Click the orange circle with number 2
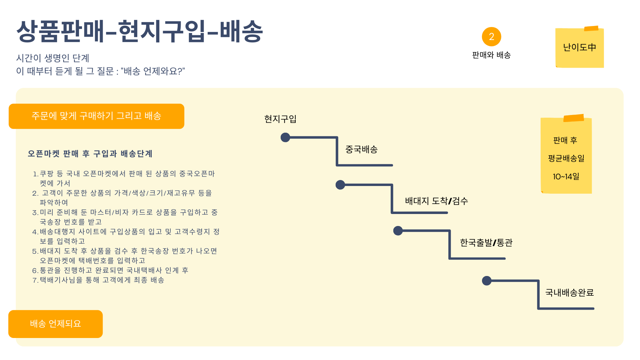[491, 37]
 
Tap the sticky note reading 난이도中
[580, 48]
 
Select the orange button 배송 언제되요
[55, 324]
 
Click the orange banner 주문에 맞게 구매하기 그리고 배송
[96, 116]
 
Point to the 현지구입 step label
[280, 119]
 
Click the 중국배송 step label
[361, 149]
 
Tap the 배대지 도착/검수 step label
[436, 201]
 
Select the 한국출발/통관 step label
[486, 243]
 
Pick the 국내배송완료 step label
[569, 293]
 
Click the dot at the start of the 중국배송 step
[285, 137]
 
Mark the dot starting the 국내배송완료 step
[487, 281]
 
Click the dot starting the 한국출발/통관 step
[398, 231]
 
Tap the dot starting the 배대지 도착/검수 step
[340, 185]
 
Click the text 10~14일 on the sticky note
[566, 177]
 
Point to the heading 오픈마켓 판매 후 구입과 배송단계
[90, 154]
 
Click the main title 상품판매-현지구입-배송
[140, 31]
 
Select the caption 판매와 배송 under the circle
[491, 55]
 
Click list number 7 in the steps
[35, 280]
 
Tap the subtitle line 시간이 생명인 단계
[53, 58]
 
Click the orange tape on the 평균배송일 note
[574, 118]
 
